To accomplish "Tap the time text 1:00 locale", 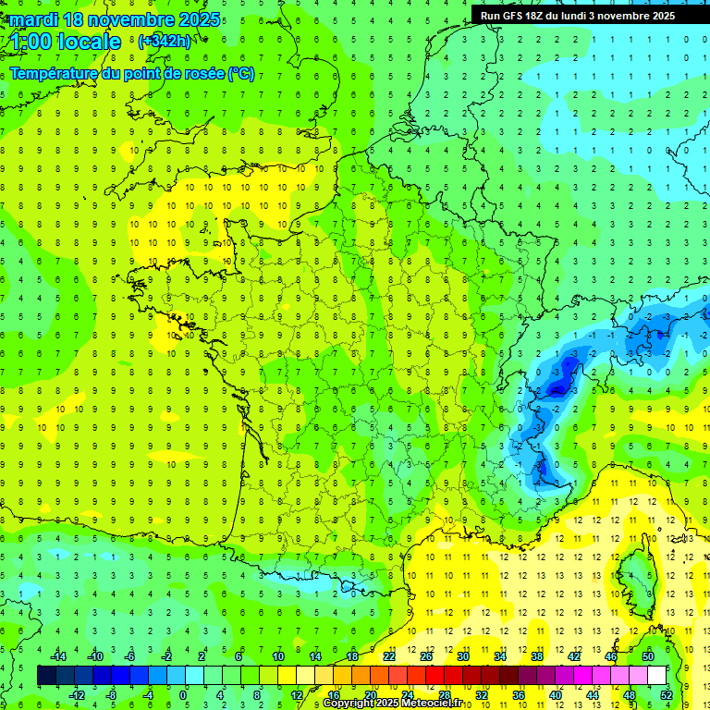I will (66, 42).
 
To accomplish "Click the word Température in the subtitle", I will (55, 74).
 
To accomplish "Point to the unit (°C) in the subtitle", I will (241, 74).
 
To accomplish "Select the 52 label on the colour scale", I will (666, 695).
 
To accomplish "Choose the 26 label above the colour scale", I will (426, 656).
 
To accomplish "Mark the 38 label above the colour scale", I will (537, 656).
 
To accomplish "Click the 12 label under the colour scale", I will (296, 695).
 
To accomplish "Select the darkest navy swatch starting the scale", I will (46, 676).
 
